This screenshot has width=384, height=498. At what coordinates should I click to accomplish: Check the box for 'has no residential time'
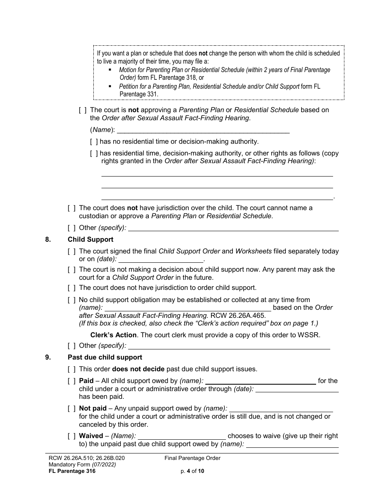point(94,141)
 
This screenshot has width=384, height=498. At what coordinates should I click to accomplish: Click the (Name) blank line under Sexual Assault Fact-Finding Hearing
point(202,130)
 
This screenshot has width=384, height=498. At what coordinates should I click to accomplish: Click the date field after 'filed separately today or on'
point(160,259)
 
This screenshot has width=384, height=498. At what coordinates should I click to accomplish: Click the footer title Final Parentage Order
point(192,458)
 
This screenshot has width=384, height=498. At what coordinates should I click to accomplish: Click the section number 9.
point(48,357)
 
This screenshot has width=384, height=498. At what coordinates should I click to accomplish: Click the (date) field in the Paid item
point(297,389)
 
